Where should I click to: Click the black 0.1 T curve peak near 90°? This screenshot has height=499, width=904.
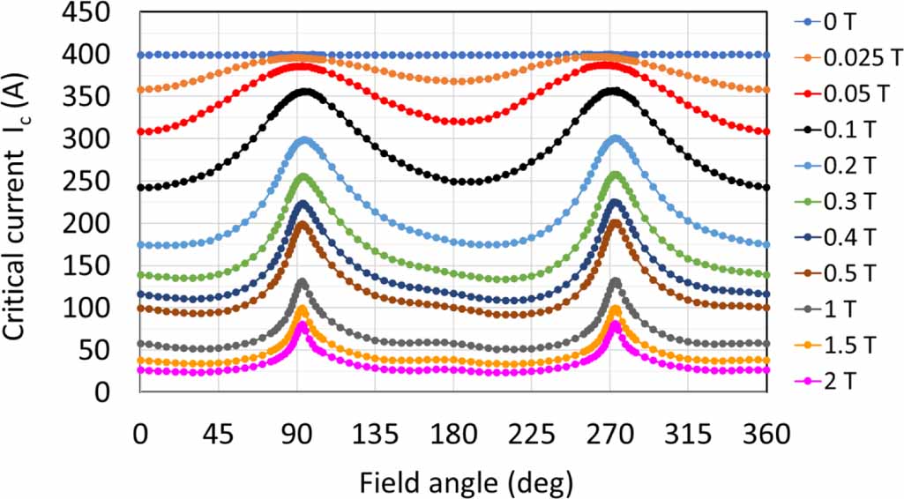303,91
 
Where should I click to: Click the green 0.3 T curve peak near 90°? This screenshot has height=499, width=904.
304,176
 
